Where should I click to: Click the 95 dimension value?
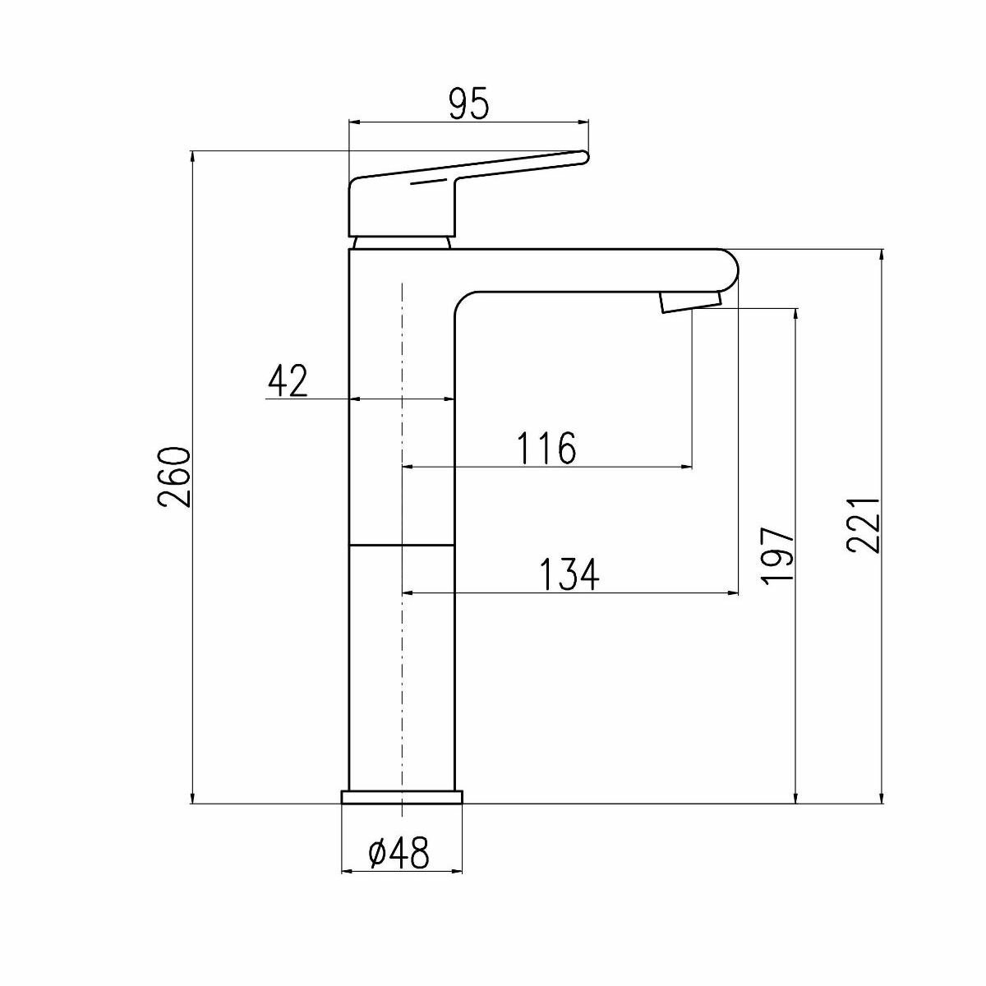pos(469,104)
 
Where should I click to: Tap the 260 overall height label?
pos(175,477)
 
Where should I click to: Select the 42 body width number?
pos(288,381)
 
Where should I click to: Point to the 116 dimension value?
pos(547,449)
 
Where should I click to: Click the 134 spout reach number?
pos(570,574)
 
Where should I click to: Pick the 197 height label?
pos(777,555)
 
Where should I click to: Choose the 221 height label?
pos(865,525)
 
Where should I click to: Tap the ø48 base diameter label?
pos(400,855)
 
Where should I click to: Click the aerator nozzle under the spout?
pos(690,302)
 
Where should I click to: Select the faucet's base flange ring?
pos(402,797)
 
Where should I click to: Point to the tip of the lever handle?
pos(583,155)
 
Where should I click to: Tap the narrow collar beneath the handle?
pos(402,242)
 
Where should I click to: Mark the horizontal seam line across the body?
pos(402,545)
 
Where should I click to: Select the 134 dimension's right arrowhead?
pos(733,592)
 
